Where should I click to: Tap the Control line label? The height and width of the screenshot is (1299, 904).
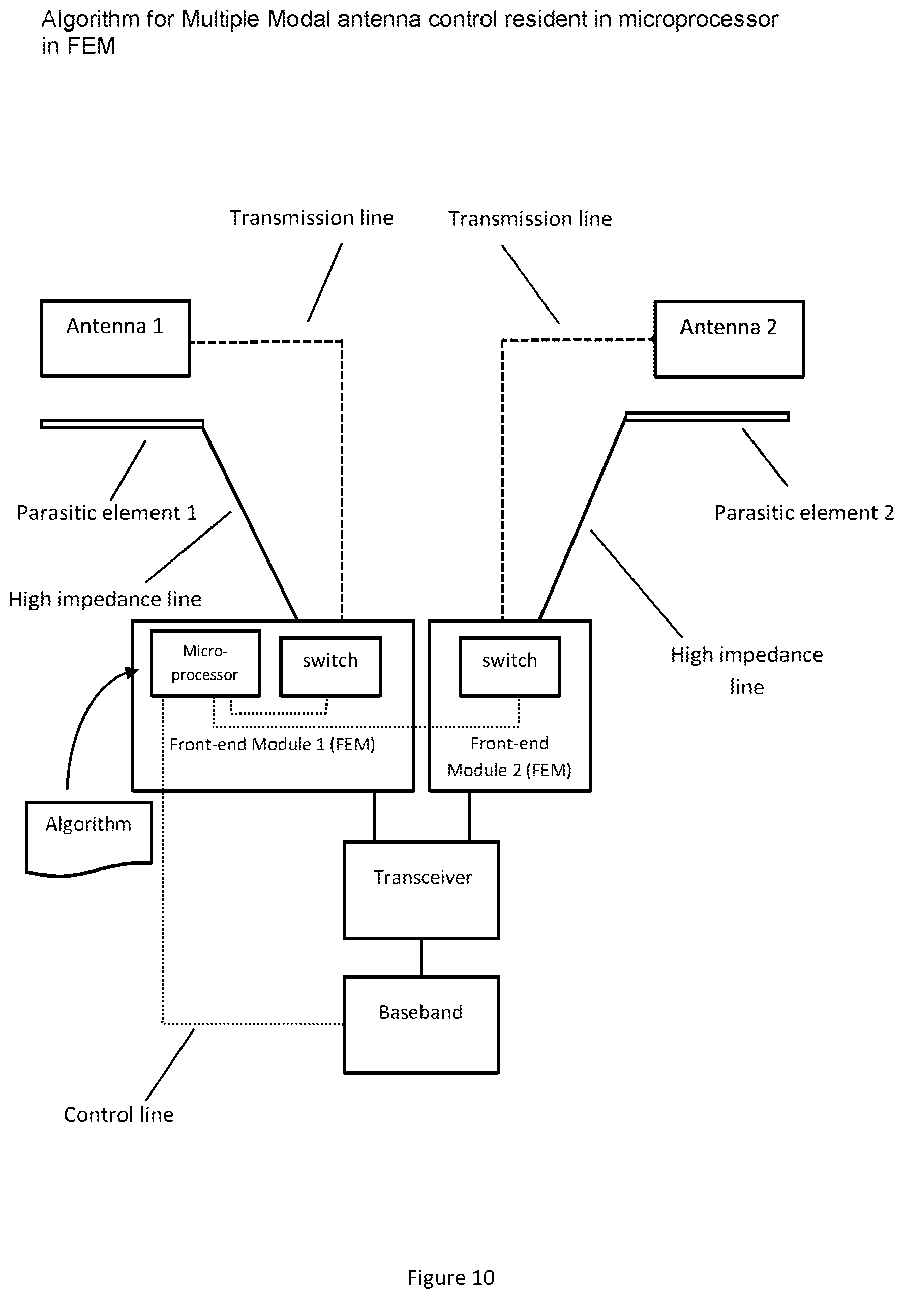119,1114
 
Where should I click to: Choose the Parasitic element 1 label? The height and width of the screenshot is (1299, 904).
106,512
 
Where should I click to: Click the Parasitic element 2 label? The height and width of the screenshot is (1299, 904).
804,512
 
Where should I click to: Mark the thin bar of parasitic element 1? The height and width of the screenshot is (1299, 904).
122,424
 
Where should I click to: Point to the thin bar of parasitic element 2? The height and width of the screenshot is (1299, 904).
707,417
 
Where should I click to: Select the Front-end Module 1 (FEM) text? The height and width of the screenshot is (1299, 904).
272,744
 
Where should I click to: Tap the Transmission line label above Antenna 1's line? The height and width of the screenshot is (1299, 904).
311,218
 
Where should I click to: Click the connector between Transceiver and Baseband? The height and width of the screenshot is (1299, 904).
421,958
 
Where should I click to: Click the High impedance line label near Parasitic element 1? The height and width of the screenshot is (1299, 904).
105,599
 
